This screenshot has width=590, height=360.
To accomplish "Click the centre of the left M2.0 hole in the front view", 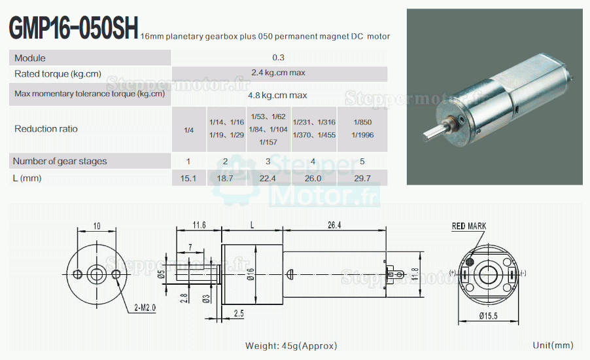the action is (78, 274).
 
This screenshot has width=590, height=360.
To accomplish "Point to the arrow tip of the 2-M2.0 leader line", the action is (117, 279).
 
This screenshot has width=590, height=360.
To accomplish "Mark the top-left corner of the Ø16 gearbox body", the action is (222, 245).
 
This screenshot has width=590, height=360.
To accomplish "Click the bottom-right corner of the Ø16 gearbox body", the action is (283, 304).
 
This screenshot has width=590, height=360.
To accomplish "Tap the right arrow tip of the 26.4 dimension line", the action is (386, 229).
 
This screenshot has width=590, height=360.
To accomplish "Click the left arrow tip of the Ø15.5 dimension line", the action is (459, 322).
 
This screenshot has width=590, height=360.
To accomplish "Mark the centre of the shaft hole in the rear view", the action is (488, 274).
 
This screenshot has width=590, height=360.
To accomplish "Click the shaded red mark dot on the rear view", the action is (470, 261).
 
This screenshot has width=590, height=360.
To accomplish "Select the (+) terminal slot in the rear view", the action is (464, 274).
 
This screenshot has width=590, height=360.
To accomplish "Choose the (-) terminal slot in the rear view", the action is (512, 274).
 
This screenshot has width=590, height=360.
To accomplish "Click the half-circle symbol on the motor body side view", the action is (289, 274).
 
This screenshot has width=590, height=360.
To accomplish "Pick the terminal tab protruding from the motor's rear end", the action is (394, 274).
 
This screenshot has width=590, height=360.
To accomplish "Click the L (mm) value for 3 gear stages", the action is (268, 178).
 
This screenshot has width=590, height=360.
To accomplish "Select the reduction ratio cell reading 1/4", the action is (189, 130).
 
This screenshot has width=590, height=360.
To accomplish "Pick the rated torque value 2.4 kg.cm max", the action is (279, 73).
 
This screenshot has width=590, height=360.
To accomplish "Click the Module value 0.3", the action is (279, 58).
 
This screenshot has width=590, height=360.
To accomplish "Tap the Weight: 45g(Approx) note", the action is (291, 346).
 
